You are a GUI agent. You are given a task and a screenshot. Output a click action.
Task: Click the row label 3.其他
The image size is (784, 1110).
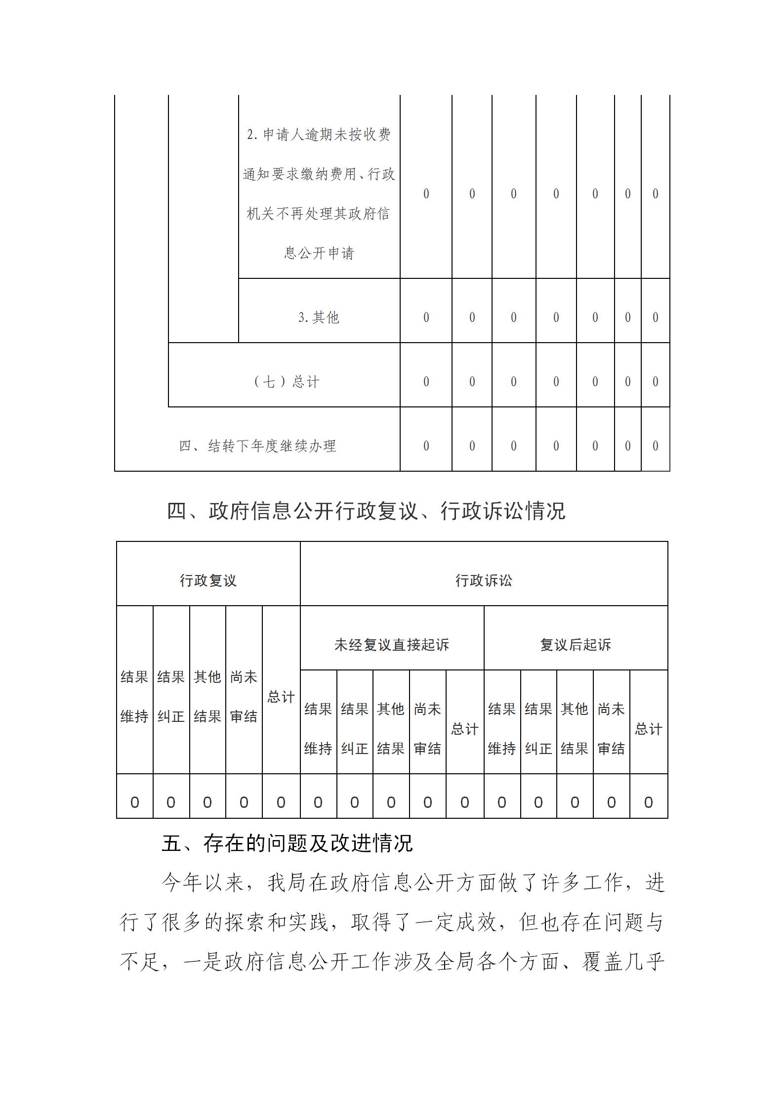point(319,317)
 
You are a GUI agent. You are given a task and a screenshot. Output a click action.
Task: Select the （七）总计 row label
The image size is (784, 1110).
point(286,382)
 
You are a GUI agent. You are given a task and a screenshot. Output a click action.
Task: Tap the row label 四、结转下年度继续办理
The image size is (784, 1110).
point(257,446)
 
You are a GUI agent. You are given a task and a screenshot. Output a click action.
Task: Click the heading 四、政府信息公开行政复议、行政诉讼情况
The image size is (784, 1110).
point(366,511)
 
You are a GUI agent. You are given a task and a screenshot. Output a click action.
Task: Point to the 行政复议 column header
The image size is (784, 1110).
point(208,580)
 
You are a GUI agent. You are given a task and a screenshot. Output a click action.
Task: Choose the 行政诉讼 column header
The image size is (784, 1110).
point(484,580)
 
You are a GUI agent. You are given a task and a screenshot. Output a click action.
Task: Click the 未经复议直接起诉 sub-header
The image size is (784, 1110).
point(392,645)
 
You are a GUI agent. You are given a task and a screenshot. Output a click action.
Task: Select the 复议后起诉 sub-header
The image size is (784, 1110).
point(576,645)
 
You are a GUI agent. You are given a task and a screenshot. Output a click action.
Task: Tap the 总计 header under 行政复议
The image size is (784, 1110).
point(281,697)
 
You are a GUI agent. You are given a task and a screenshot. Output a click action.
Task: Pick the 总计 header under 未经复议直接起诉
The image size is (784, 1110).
point(464,729)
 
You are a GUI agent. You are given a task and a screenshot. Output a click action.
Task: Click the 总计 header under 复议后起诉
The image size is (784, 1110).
point(648,729)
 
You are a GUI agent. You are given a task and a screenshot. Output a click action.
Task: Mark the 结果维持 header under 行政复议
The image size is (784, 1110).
point(134,697)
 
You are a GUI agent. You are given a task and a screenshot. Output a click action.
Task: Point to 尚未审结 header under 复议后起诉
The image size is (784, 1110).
point(611,729)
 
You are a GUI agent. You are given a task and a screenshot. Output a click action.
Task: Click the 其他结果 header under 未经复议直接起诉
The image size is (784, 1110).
point(391,729)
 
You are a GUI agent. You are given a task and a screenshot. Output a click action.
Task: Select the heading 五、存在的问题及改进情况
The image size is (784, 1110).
point(287,844)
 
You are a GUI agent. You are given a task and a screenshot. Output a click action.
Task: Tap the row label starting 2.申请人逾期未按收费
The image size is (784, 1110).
point(319,194)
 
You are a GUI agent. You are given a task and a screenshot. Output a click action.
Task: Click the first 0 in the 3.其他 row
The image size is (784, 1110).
point(426,317)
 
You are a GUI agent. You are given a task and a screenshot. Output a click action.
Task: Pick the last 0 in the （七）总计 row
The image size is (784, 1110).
point(655,382)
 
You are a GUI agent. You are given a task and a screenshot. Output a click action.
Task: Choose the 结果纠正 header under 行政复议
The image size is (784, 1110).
point(171,697)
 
